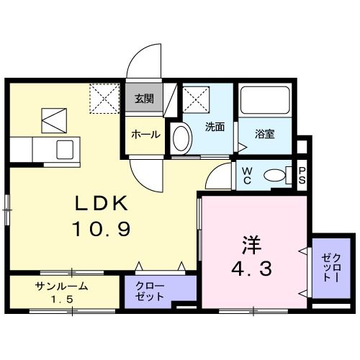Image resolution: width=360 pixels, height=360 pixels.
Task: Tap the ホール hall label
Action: coord(145,134)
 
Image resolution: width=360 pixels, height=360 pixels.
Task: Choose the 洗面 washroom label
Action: coord(215,127)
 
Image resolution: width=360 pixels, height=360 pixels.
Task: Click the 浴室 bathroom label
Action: coord(265,134)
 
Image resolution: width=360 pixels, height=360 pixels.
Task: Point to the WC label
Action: coord(245,175)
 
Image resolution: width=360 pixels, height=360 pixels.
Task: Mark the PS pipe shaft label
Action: coord(302,174)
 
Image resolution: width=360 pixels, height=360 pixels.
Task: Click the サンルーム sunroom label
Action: coord(62,286)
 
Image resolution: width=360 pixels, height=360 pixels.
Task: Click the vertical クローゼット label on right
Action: coord(331,266)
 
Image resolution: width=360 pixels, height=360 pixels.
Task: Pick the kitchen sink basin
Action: coord(66,151)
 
